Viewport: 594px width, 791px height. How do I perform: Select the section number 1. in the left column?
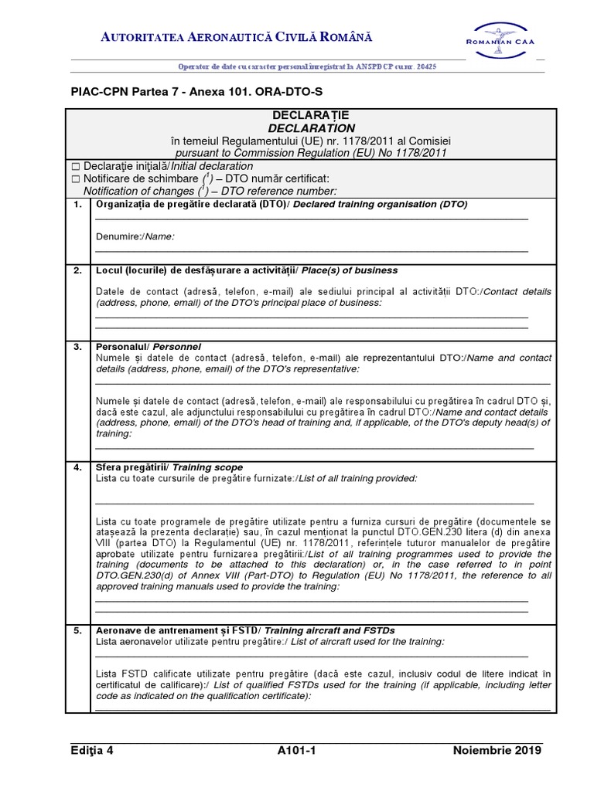click(x=77, y=205)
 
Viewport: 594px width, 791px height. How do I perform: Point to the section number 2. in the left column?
click(x=77, y=270)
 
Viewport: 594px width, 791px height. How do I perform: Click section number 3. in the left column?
click(x=77, y=347)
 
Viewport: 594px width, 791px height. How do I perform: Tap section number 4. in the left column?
click(x=77, y=467)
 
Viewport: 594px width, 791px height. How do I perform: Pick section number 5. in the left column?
click(x=77, y=631)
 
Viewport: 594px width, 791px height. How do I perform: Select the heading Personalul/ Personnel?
click(x=148, y=347)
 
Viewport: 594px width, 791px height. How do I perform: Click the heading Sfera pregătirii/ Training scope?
click(x=169, y=467)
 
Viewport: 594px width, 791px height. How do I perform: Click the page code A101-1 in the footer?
click(x=297, y=750)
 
